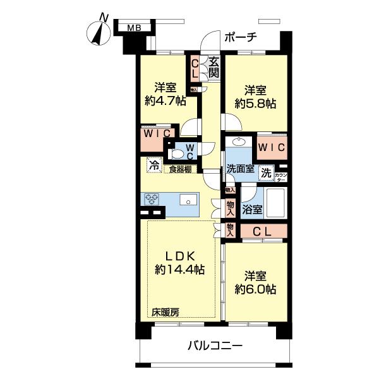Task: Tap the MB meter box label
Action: tap(133, 27)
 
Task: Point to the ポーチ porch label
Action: tap(239, 37)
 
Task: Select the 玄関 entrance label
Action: tap(214, 67)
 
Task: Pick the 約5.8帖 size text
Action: tap(253, 103)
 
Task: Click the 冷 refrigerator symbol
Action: tap(153, 166)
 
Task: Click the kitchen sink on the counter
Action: tap(188, 200)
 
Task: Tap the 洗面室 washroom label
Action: tap(241, 170)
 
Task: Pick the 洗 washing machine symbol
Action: tap(267, 172)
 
